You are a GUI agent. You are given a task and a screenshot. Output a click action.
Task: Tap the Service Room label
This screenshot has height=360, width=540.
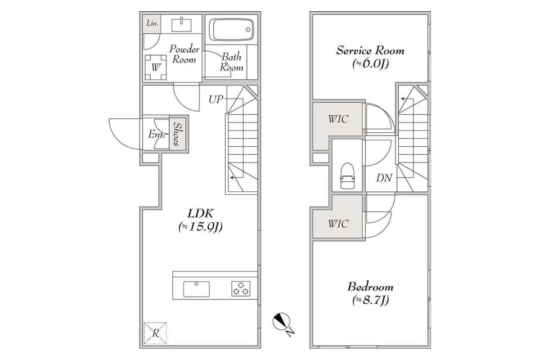point(370,50)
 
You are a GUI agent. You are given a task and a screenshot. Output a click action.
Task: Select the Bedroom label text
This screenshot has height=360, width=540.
point(370,287)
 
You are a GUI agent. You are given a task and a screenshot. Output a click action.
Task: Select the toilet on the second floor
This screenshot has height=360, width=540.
point(347,175)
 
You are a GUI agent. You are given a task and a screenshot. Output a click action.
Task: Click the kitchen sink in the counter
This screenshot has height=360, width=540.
point(196,288)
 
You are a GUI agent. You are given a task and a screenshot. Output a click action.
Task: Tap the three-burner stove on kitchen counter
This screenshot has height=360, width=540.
point(241,288)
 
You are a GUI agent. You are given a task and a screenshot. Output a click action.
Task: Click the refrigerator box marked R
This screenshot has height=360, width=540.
point(155,333)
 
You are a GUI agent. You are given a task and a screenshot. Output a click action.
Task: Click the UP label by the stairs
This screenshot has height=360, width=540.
point(216,99)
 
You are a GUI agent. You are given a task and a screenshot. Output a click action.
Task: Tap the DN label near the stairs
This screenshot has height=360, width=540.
point(384,178)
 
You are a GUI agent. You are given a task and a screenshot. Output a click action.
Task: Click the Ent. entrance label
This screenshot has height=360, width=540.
point(155,134)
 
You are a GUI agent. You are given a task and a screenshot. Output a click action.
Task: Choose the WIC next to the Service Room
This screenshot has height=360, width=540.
point(337,120)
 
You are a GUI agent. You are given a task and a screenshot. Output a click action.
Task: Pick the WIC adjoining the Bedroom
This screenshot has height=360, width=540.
point(337,223)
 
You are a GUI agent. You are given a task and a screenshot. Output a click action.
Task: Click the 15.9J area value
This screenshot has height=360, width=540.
point(200,227)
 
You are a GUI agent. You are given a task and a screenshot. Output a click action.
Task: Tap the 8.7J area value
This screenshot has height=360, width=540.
point(370,301)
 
